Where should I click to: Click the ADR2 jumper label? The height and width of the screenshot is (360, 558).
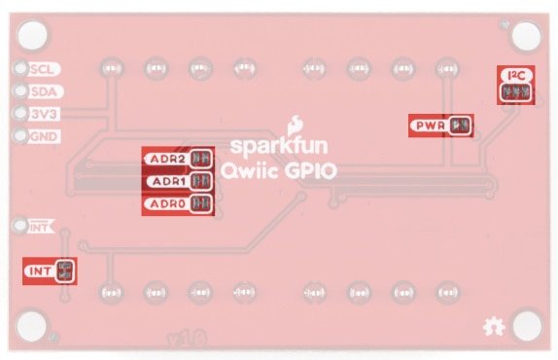click(166, 159)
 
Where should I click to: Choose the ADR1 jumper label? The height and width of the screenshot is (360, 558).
click(166, 181)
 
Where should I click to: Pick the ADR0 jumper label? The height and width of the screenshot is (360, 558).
click(166, 203)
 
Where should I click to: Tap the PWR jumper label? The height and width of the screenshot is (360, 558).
click(430, 126)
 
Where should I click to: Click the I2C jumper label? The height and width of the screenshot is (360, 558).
click(514, 75)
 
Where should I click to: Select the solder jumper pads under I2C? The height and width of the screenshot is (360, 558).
click(515, 92)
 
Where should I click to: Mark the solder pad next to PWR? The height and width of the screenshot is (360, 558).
click(462, 126)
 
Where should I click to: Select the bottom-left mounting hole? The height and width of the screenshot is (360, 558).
click(32, 324)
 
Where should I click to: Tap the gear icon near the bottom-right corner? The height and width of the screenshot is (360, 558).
click(493, 329)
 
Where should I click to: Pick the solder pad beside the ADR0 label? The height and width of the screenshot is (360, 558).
click(201, 203)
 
